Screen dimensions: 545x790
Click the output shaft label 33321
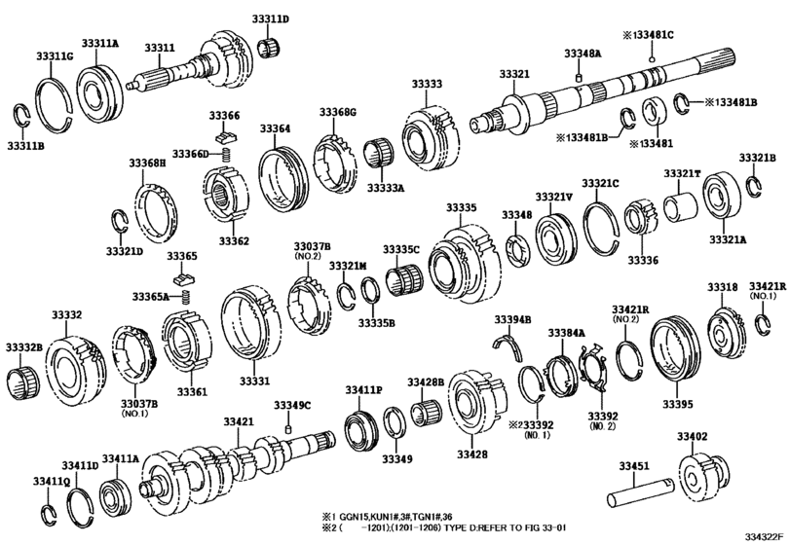(514, 75)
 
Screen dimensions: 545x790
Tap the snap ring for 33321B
(754, 184)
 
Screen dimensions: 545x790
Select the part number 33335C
(400, 249)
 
